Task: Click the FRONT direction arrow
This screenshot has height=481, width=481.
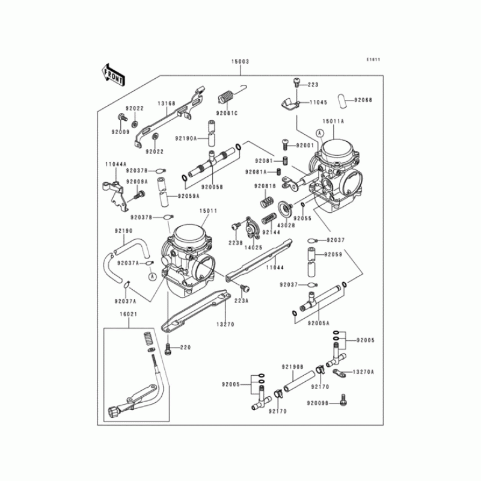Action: (x=113, y=74)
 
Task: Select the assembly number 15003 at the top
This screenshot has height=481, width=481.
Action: (x=240, y=62)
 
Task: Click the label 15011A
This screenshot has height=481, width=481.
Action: (x=334, y=120)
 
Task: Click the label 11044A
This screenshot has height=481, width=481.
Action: (x=115, y=164)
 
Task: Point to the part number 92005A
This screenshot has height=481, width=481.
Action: (x=319, y=323)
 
